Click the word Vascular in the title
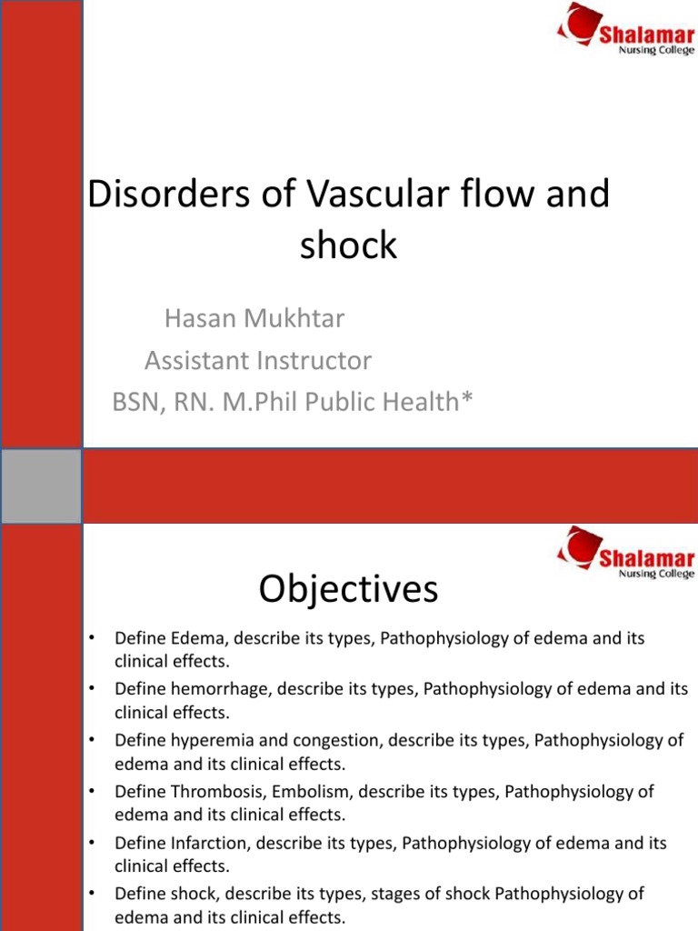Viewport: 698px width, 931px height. coord(376,195)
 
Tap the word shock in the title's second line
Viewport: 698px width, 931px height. coord(349,245)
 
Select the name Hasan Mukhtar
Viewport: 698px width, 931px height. coord(254,319)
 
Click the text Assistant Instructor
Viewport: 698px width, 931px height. coord(258,361)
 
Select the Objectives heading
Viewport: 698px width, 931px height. coord(348,590)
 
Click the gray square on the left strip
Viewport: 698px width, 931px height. coord(41,486)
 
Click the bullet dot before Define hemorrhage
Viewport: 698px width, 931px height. coord(91,690)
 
